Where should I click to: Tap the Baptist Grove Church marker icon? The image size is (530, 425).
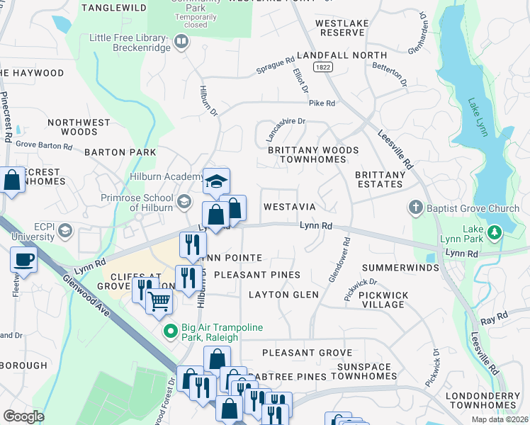click(416, 208)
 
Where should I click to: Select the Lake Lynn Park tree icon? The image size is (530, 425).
click(495, 232)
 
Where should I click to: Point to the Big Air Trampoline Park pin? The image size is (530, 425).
click(170, 331)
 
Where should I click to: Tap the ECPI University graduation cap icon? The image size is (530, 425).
click(65, 231)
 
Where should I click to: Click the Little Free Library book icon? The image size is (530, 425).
click(181, 42)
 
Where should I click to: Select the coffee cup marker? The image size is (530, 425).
click(23, 260)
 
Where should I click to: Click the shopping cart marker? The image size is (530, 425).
click(159, 302)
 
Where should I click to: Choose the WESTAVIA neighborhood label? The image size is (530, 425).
click(289, 207)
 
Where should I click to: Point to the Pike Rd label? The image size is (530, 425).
click(321, 103)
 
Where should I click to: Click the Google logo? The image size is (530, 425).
click(23, 416)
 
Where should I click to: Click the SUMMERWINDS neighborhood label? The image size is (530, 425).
click(395, 268)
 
